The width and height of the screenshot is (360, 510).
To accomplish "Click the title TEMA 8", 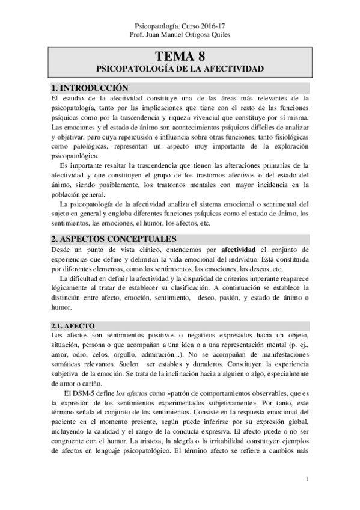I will click(180, 58).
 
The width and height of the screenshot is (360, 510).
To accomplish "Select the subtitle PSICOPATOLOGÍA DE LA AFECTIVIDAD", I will click(180, 70).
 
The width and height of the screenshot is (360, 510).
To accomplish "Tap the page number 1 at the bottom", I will click(307, 479).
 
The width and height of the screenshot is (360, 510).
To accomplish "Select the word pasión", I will click(234, 299).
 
